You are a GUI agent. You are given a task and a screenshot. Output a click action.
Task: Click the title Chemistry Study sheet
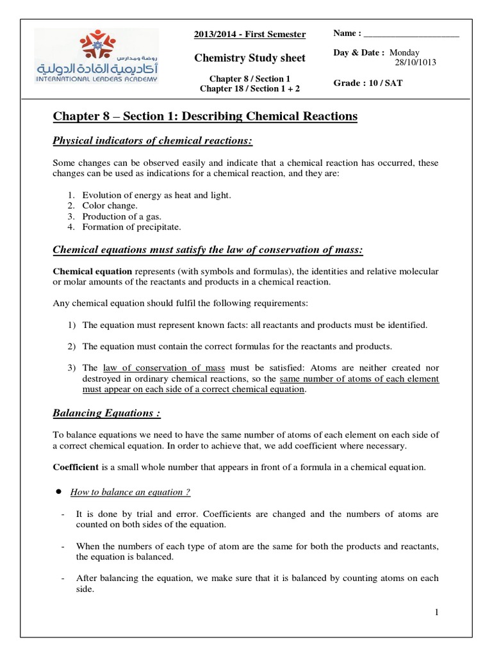[x=250, y=58]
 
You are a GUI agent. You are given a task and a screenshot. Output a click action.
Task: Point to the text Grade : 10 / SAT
[x=368, y=83]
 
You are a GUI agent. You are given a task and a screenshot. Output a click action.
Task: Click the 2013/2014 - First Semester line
[x=250, y=35]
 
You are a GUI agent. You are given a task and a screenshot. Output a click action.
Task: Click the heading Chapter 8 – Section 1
[x=205, y=116]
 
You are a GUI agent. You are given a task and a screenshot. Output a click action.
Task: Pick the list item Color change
[x=110, y=206]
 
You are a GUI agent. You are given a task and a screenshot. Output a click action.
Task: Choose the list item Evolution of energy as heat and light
[x=156, y=195]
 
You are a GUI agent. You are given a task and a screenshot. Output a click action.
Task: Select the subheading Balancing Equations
[x=106, y=413]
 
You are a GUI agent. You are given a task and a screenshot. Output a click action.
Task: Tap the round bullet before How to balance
[x=59, y=491]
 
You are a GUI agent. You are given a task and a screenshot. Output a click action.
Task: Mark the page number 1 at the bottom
[x=436, y=612]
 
